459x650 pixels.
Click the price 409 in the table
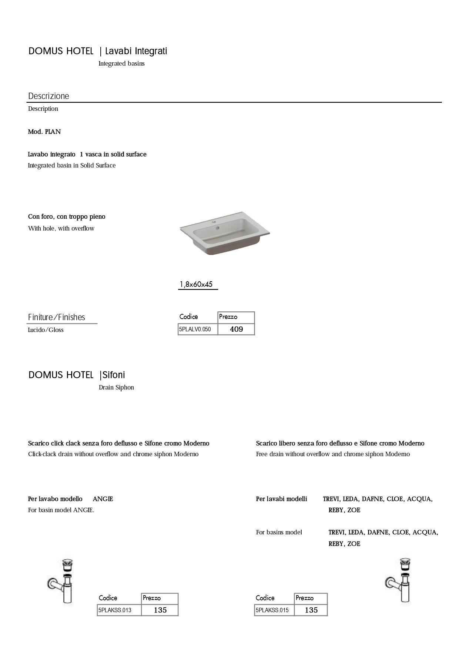point(236,329)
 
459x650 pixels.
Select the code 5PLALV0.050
point(195,329)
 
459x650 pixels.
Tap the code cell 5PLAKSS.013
point(115,610)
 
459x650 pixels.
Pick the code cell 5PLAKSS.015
point(272,610)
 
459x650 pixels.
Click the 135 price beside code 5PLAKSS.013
point(160,610)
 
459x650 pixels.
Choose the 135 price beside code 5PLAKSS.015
point(311,610)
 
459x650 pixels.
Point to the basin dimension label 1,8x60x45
point(196,284)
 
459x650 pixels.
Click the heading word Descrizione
point(48,96)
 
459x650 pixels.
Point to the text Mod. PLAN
point(44,132)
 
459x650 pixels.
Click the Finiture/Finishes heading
point(57,317)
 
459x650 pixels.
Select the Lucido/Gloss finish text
point(46,330)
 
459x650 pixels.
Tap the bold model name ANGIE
point(103,499)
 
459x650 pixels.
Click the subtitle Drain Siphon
point(116,387)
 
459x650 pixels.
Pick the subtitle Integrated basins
point(121,63)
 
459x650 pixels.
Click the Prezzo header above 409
point(228,317)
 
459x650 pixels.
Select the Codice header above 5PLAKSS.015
point(265,598)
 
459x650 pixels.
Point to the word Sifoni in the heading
point(114,375)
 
